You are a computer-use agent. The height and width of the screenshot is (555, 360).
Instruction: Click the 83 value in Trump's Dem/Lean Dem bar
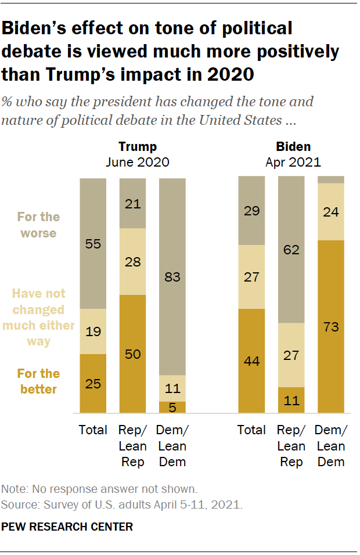172,277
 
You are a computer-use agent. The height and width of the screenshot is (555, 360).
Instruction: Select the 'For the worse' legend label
38,225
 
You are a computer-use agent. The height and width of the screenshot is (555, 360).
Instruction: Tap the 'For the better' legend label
38,381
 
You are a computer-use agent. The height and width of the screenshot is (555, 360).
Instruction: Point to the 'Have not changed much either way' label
38,318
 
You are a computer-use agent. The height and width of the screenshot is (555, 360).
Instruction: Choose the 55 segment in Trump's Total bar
93,244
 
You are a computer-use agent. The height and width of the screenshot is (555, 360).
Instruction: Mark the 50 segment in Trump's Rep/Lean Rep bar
132,354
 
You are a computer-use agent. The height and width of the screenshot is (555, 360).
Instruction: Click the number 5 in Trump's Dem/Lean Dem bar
172,407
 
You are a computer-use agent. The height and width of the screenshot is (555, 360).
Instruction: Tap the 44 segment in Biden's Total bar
252,361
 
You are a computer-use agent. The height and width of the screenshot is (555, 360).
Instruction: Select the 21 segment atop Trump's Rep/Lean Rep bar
132,203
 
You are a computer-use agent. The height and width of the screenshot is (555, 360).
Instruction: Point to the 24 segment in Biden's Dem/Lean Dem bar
331,212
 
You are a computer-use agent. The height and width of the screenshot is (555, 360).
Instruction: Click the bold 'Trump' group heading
138,146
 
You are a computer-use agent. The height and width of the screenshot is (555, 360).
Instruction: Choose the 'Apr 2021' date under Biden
293,162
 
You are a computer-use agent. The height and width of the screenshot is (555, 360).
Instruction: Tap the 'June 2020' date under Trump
138,162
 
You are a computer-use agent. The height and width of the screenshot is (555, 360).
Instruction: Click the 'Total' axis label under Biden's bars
252,430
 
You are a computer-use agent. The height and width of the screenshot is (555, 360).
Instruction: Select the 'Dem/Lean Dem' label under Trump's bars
172,446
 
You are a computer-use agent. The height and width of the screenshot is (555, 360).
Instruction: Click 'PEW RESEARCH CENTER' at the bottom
67,527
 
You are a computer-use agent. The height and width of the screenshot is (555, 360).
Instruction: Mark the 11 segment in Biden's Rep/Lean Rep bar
291,400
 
